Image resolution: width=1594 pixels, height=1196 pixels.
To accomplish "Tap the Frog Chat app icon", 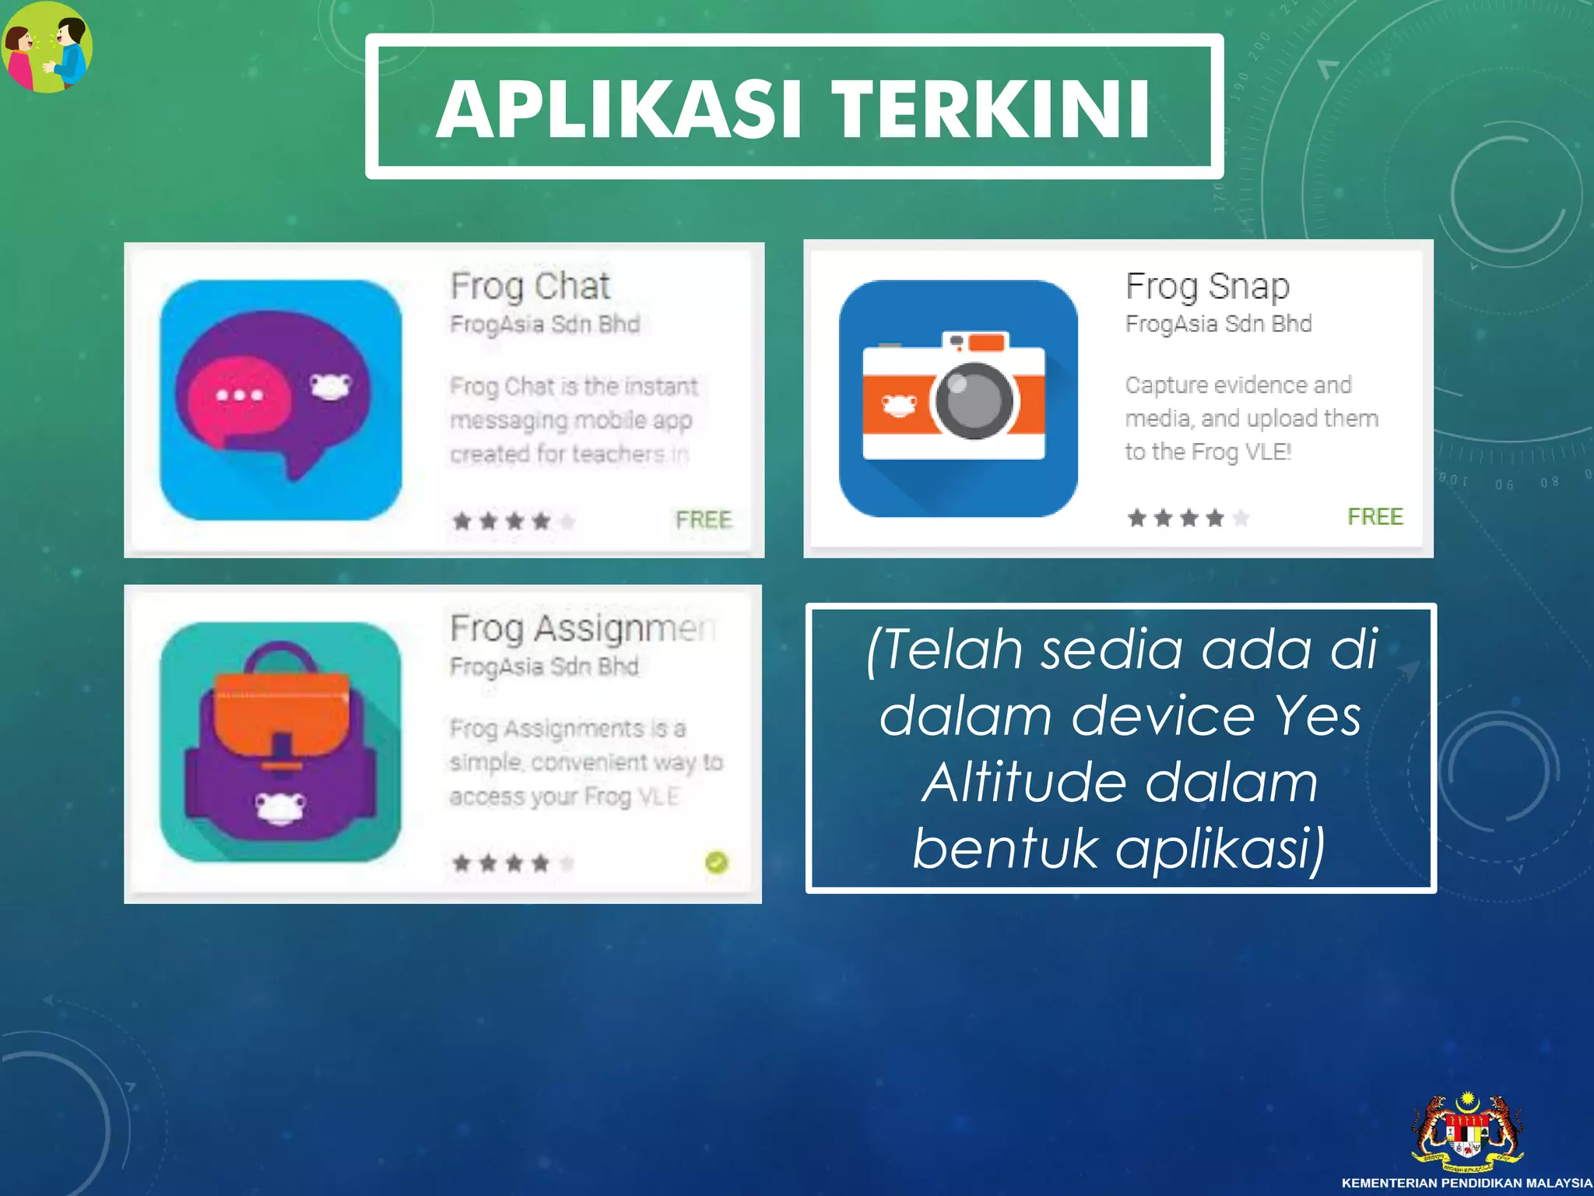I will click(x=281, y=399).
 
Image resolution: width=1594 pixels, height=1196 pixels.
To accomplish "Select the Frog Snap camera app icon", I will click(x=958, y=398).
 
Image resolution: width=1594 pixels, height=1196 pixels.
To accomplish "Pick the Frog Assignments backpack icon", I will click(x=281, y=742).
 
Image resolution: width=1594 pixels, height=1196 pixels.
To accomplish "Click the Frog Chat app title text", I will click(x=530, y=286).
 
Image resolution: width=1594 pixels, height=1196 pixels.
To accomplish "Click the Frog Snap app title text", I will click(x=1207, y=286).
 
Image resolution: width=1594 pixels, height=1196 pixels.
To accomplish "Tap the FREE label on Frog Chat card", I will click(x=704, y=519).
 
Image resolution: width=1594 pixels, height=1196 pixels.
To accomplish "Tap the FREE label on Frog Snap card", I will click(x=1375, y=516).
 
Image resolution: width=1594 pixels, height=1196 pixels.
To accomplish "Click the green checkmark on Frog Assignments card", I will click(x=716, y=862).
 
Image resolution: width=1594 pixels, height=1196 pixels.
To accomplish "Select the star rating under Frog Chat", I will click(x=514, y=520).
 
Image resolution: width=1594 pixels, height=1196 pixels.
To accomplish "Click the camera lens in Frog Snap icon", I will click(x=974, y=400).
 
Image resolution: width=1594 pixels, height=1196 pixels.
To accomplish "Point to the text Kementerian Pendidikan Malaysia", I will click(x=1467, y=1183).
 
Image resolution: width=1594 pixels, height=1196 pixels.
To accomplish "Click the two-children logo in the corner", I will click(x=47, y=47).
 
